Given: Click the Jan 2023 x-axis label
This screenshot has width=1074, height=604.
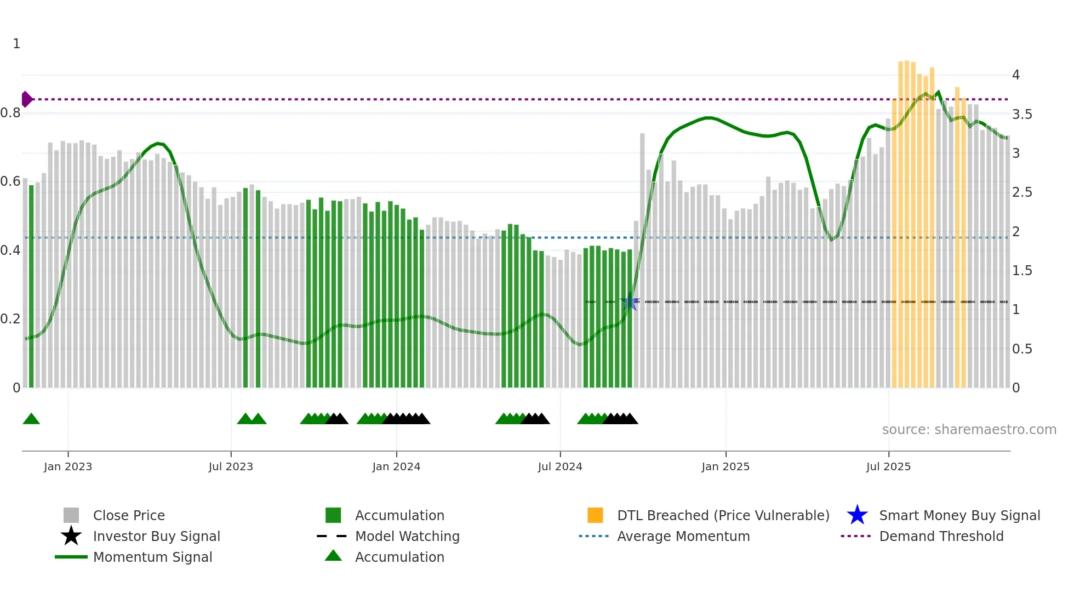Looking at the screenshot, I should pyautogui.click(x=68, y=466).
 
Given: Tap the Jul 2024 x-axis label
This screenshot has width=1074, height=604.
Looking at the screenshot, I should pyautogui.click(x=559, y=466).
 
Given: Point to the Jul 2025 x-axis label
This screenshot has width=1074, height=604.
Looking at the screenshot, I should pyautogui.click(x=888, y=466).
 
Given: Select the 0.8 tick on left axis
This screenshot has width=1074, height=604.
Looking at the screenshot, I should pyautogui.click(x=10, y=113).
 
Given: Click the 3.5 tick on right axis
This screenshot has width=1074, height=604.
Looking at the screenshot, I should pyautogui.click(x=1021, y=114).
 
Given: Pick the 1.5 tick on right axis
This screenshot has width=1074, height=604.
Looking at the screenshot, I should pyautogui.click(x=1021, y=270).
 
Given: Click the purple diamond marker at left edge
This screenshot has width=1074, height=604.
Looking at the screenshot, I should pyautogui.click(x=26, y=99).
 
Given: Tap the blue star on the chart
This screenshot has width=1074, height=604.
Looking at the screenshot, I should pyautogui.click(x=630, y=302).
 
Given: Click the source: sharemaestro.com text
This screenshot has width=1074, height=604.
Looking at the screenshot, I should pyautogui.click(x=969, y=429).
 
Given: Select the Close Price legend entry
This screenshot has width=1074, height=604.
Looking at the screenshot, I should pyautogui.click(x=128, y=515).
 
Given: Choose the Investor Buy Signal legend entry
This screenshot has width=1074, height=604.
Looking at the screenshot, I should pyautogui.click(x=156, y=536).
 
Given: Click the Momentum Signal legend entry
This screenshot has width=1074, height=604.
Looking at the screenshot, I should pyautogui.click(x=152, y=557).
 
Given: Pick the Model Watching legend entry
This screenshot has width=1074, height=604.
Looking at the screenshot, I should pyautogui.click(x=407, y=536).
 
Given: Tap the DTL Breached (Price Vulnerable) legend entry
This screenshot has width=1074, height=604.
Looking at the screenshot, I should pyautogui.click(x=723, y=515).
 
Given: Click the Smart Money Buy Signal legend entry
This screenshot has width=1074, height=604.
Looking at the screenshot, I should pyautogui.click(x=959, y=515).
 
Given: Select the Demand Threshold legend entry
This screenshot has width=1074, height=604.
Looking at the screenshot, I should pyautogui.click(x=941, y=536).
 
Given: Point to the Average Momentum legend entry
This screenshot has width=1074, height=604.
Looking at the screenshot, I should pyautogui.click(x=683, y=536).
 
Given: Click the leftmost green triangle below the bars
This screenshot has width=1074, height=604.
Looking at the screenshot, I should pyautogui.click(x=31, y=419).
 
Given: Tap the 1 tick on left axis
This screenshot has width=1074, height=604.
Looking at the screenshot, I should pyautogui.click(x=16, y=44).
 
